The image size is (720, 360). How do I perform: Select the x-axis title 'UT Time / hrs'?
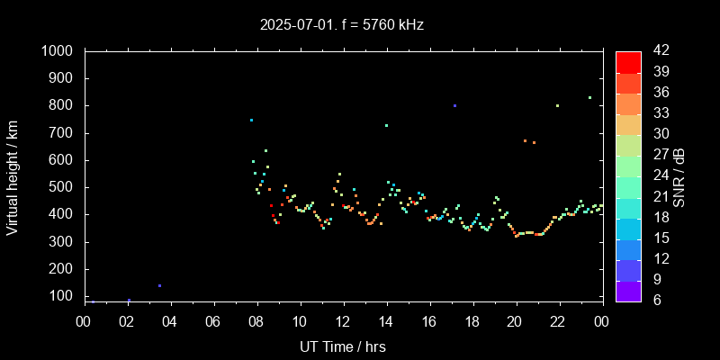[342, 346]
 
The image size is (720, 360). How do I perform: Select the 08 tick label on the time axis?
[256, 321]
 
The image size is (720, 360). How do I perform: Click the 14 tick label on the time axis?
[386, 321]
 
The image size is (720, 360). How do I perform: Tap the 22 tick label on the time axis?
[559, 321]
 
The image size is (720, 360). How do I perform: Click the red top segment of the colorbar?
[628, 61]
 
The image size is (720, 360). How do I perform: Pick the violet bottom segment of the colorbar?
[628, 291]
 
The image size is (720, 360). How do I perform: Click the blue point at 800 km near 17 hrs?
[455, 105]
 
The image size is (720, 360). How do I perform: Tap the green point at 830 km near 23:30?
[589, 97]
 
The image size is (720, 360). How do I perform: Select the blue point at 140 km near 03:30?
[159, 285]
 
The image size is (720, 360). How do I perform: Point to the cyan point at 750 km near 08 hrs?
[251, 120]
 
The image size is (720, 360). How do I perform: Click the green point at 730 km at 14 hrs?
[386, 125]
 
